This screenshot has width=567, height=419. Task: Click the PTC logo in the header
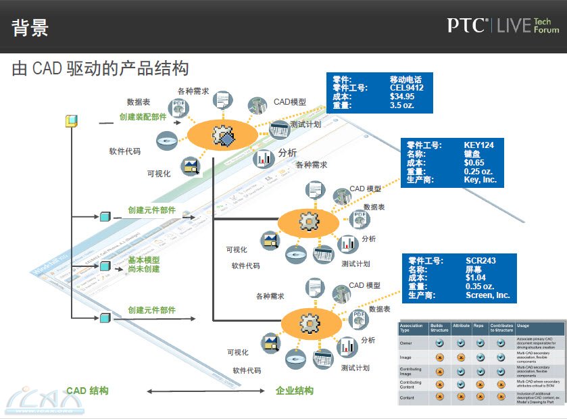pos(467,26)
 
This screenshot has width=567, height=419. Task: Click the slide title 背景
pos(30,28)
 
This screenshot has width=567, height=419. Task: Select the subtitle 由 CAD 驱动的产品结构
pos(100,68)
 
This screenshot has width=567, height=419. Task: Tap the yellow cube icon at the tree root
pos(71,122)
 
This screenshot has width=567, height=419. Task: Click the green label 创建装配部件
pos(143,117)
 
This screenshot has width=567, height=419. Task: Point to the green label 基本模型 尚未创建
pos(144,264)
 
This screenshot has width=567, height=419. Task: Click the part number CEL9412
pos(406,88)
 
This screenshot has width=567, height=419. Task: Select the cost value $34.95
pos(402,97)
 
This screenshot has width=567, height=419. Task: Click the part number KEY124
pos(479,145)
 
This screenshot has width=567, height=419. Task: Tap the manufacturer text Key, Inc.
pos(480,180)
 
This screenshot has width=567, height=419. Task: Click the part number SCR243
pos(480,260)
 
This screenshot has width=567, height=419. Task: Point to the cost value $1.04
pos(476,278)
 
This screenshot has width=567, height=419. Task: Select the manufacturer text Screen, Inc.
pos(487,295)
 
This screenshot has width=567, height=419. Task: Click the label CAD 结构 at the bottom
pos(87,391)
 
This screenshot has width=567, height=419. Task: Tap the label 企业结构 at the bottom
pos(295,391)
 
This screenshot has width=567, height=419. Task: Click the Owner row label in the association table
pos(407,343)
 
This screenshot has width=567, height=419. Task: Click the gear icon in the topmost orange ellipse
pos(223,134)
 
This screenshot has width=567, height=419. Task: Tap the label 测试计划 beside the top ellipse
pos(305,124)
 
